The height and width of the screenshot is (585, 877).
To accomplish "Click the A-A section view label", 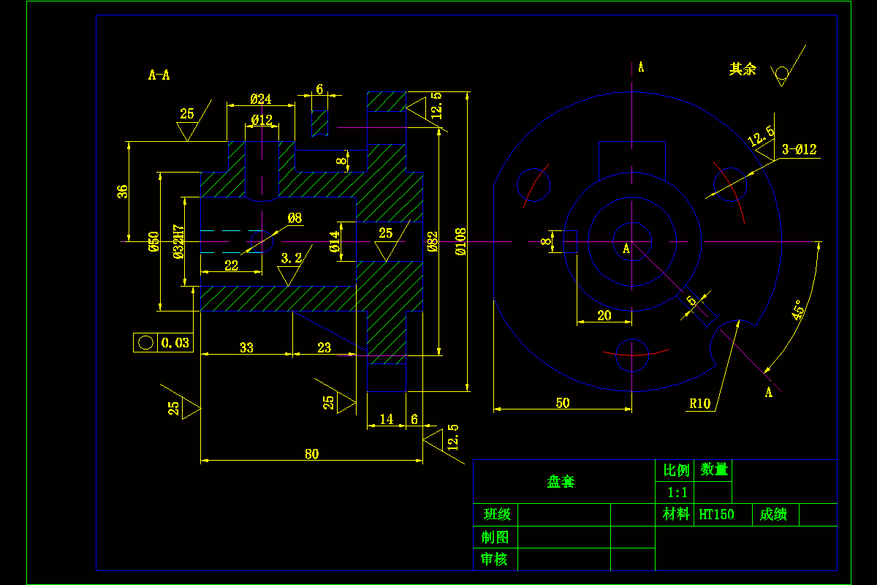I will tap(159, 75).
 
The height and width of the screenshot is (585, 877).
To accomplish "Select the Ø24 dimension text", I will tap(260, 99).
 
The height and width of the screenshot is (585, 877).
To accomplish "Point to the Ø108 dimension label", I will tap(460, 241).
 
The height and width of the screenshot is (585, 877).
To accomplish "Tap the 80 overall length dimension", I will tap(312, 454).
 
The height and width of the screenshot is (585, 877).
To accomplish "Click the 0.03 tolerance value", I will tap(175, 342).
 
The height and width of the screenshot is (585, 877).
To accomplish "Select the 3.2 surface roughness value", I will tap(291, 258).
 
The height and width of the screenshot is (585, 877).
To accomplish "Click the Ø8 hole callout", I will tap(295, 218).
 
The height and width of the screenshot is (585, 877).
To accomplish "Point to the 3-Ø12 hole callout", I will tap(799, 150).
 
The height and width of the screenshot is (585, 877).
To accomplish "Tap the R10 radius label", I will tap(699, 403).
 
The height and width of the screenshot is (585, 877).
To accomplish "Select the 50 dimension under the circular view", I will tap(562, 403).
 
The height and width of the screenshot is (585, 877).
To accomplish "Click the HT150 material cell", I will tap(716, 514).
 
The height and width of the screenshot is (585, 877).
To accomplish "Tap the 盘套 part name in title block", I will tap(561, 482).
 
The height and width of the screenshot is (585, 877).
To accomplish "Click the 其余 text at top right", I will tap(743, 69).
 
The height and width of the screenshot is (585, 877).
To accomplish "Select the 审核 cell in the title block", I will tap(495, 559).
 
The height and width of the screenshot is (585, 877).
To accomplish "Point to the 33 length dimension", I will tap(246, 347).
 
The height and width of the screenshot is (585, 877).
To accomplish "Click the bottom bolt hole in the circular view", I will tap(631, 355).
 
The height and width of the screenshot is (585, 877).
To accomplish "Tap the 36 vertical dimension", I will tap(123, 192).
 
